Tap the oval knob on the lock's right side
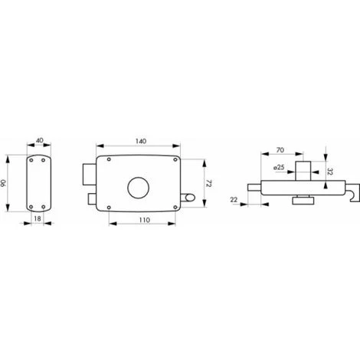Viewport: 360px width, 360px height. [x=188, y=198]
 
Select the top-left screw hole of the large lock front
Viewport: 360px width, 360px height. [x=110, y=159]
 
